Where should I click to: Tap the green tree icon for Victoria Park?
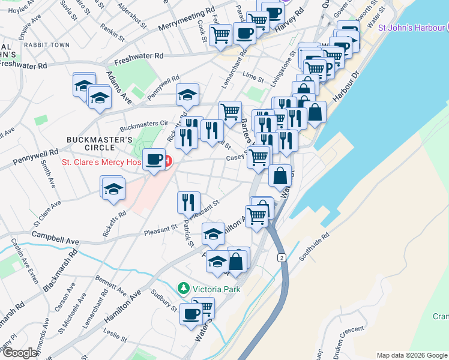coord(184,289)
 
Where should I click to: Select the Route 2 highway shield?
coord(281,257)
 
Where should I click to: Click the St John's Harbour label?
coord(411,27)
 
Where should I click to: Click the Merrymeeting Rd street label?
coord(187,20)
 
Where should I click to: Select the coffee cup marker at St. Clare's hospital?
coord(154,159)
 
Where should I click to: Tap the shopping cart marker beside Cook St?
coord(220,34)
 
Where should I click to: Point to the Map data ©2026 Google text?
coord(411,355)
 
